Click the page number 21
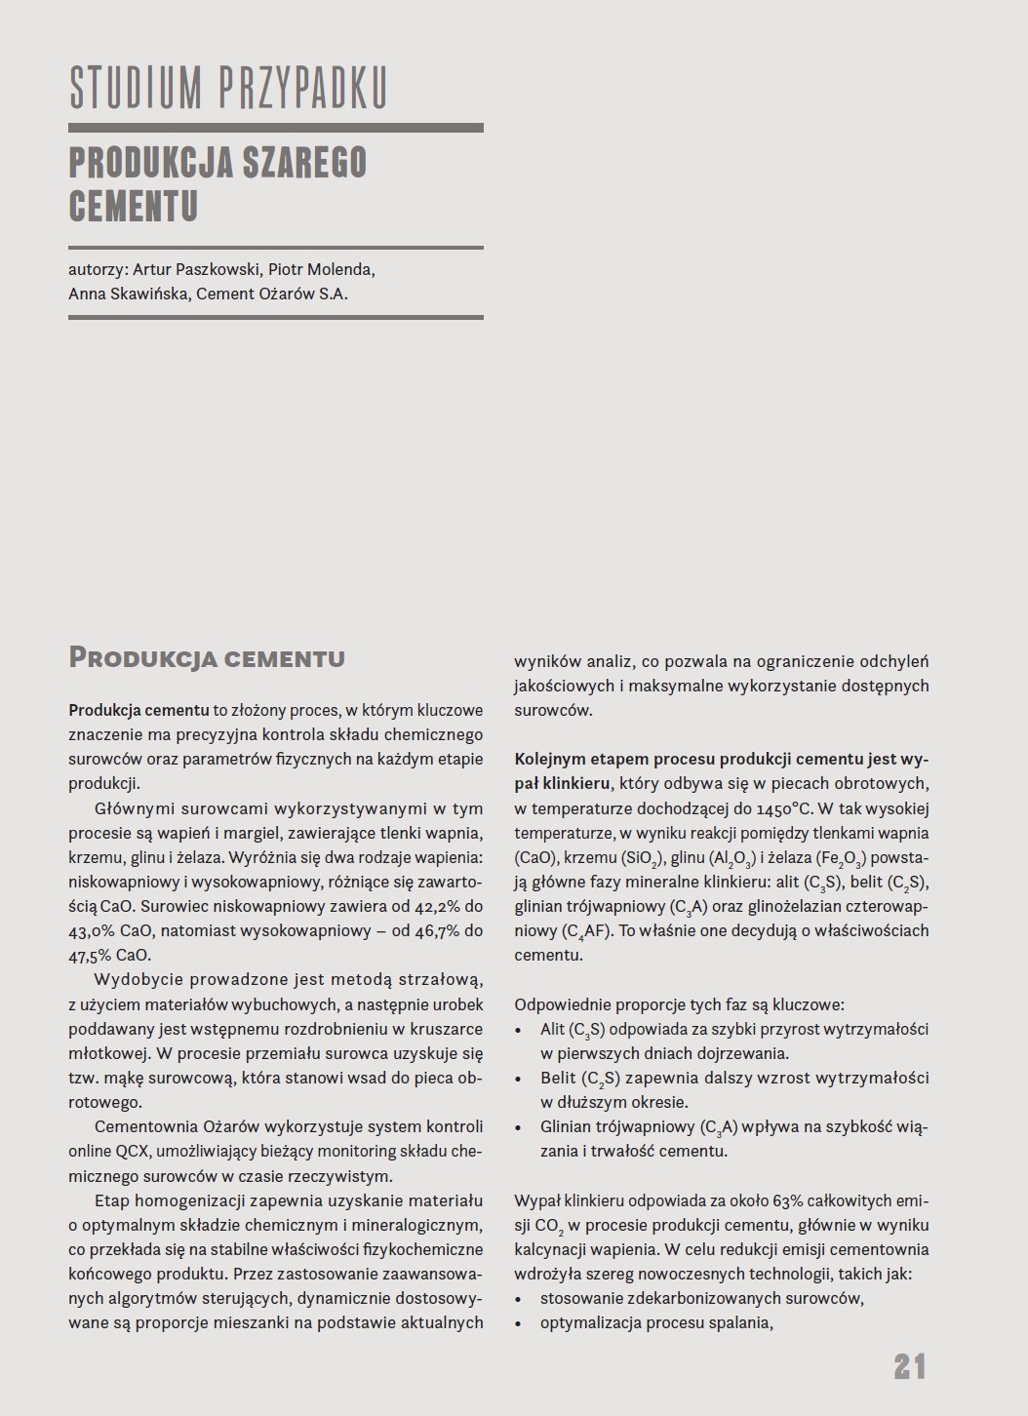[909, 1366]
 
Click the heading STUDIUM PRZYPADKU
[228, 89]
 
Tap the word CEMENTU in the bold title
[134, 206]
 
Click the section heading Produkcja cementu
[207, 658]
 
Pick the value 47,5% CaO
[109, 955]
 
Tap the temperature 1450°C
[771, 808]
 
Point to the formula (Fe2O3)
[837, 858]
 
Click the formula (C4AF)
[587, 931]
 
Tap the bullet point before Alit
[519, 1029]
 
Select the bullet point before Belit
[519, 1079]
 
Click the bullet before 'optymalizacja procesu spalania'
[519, 1323]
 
